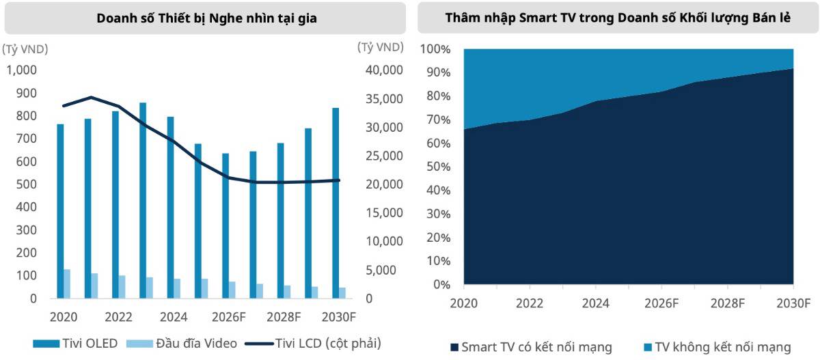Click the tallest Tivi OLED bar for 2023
point(143,200)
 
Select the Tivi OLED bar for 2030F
point(336,203)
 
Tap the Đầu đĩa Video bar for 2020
point(67,283)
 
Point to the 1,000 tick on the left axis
point(23,70)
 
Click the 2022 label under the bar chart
point(120,317)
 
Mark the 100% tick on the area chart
point(435,49)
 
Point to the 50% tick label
point(437,167)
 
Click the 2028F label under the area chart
point(728,303)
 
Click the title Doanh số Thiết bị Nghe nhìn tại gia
point(206,18)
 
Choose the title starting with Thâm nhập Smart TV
point(618,18)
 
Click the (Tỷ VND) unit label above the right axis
point(379,47)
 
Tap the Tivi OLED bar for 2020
point(60,211)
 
